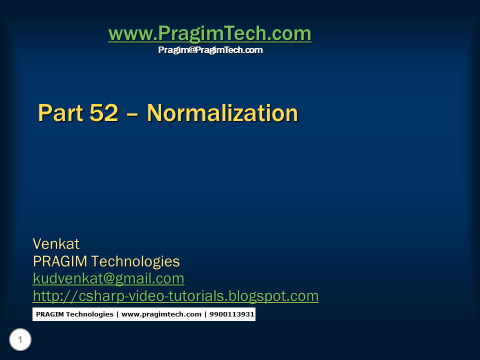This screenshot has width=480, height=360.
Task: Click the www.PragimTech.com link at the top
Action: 209,34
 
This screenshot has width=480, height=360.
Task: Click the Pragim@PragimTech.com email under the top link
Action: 210,50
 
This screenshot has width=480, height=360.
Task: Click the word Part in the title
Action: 59,113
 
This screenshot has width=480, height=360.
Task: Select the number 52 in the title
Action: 104,113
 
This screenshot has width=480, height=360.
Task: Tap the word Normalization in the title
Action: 222,113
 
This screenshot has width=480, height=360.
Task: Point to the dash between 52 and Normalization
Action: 132,114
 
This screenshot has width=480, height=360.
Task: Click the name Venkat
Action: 56,244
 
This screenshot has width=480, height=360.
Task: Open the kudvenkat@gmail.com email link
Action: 108,278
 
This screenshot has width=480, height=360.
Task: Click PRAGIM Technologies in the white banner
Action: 74,314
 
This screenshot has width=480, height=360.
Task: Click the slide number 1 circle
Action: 20,340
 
